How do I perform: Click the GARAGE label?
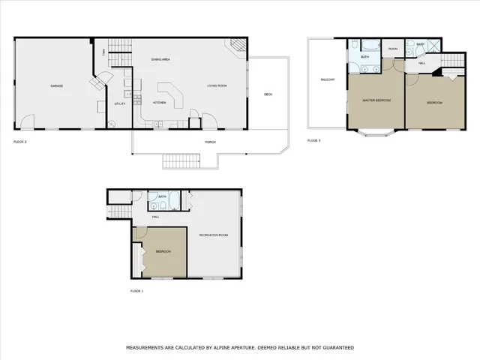point(56,86)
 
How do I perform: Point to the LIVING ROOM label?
point(217,86)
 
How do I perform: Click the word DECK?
point(268,94)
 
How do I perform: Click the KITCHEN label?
point(160,102)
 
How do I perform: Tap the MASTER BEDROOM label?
point(376,100)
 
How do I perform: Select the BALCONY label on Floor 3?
point(328,79)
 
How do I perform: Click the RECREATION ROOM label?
point(214,235)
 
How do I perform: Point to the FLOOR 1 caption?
point(136,290)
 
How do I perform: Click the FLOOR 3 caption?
point(314,140)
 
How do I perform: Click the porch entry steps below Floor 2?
point(181,160)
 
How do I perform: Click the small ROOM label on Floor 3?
point(393,49)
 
